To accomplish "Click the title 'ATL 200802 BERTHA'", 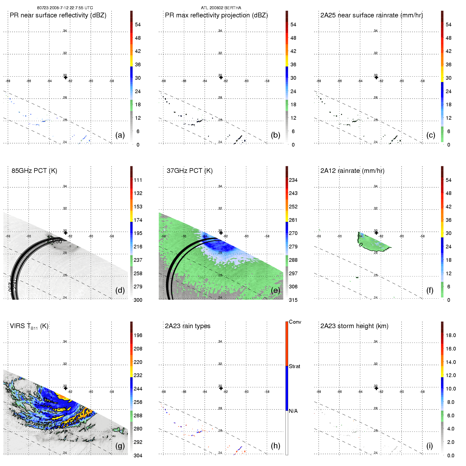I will [221, 8].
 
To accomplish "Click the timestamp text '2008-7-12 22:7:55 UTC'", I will [71, 8].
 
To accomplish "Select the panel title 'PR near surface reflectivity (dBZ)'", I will [58, 15].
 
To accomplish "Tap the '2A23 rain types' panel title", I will [187, 326].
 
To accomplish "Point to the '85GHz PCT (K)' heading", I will [34, 171].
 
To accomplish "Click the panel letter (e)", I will [275, 290].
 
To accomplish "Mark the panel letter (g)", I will [120, 446].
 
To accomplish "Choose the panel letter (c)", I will [430, 135].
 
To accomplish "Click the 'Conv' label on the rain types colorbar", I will [295, 322].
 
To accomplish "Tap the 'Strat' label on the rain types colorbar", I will [294, 366].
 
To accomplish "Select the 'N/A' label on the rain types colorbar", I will [293, 411].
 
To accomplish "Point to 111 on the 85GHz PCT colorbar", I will [138, 180].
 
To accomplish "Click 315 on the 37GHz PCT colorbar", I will [293, 300].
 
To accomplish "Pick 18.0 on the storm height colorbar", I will [450, 335].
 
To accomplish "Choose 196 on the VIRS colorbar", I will [138, 335].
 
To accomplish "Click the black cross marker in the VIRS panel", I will [66, 388].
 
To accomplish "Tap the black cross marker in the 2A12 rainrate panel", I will [376, 233].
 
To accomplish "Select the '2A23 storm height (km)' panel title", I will [354, 326].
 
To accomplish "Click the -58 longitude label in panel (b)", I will [267, 81].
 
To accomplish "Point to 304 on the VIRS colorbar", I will [138, 455].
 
